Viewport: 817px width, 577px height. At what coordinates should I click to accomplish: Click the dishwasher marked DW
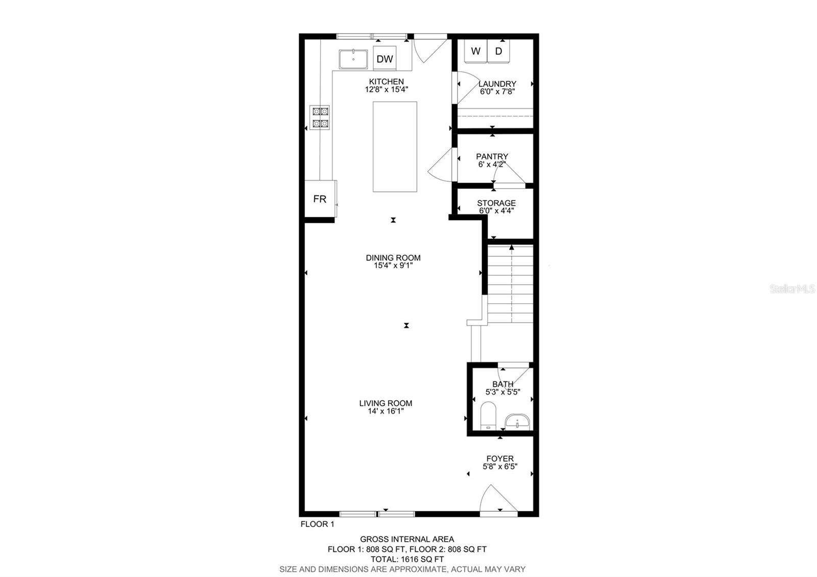pos(385,59)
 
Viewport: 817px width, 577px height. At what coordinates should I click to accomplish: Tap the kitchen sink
pos(353,59)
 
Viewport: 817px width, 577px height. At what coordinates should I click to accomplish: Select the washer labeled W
pos(475,51)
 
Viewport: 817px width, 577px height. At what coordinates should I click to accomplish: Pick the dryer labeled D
pos(499,51)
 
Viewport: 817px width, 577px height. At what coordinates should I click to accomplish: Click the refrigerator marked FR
pos(320,199)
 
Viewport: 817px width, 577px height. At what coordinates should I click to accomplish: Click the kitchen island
pos(395,147)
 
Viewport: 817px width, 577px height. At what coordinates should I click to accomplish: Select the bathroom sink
pos(517,422)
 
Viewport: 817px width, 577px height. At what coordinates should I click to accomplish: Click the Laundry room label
pos(497,84)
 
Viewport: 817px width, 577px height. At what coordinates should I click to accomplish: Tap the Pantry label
pos(492,157)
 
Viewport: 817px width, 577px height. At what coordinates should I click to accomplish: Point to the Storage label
pos(496,203)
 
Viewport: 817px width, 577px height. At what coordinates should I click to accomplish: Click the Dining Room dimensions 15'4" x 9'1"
pos(393,266)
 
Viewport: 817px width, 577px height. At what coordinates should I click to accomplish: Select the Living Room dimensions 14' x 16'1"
pos(386,411)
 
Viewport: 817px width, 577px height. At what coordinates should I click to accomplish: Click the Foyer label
pos(500,459)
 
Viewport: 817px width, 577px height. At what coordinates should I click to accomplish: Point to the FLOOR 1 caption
pos(317,524)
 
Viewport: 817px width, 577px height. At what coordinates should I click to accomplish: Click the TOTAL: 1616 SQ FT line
pos(407,559)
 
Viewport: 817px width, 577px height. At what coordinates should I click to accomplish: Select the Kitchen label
pos(387,82)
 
